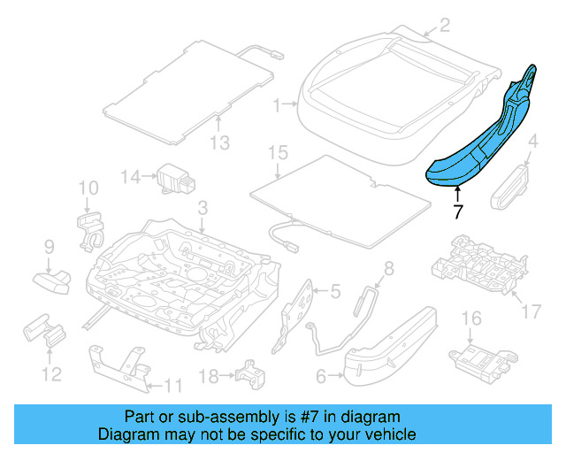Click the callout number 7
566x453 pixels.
click(x=457, y=212)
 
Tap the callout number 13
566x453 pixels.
click(x=218, y=144)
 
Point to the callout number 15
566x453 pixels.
click(x=278, y=153)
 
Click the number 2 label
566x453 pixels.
click(x=444, y=26)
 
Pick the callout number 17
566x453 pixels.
click(x=531, y=311)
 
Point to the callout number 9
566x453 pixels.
click(x=49, y=246)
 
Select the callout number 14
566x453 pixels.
click(x=131, y=177)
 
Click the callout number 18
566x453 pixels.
click(x=207, y=377)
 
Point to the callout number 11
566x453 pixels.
click(x=173, y=385)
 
